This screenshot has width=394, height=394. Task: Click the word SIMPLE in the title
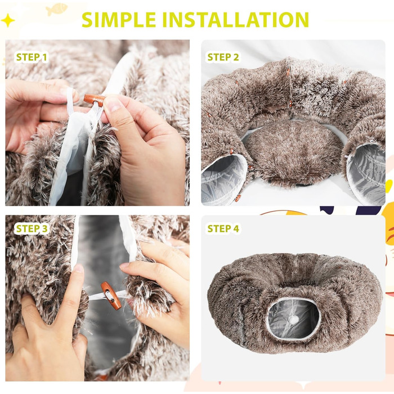[x=119, y=20]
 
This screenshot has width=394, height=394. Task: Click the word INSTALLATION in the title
[x=236, y=20]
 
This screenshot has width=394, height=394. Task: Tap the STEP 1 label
[x=32, y=57]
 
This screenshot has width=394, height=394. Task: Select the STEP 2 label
[x=223, y=57]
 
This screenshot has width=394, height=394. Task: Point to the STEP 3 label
[x=32, y=229]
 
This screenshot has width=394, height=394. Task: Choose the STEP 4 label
[x=223, y=229]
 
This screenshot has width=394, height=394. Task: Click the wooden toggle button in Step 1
[x=94, y=100]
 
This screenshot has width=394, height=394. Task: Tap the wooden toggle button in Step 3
[x=111, y=295]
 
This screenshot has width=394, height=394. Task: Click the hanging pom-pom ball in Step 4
[x=293, y=320]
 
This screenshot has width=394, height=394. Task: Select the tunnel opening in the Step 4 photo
[x=294, y=319]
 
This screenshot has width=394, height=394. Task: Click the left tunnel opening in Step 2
[x=223, y=180]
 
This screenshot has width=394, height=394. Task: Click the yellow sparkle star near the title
[x=8, y=20]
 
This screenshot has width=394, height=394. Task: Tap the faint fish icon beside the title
[x=56, y=9]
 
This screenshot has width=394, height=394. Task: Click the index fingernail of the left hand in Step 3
[x=78, y=268]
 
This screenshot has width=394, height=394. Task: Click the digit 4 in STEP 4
[x=236, y=229]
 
